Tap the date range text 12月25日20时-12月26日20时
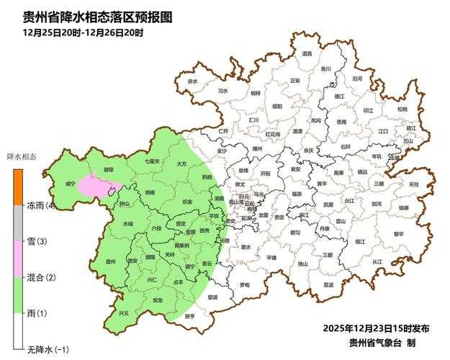83,32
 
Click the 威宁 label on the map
70,184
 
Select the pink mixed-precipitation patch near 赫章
94,185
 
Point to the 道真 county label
307,53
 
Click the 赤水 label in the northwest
192,82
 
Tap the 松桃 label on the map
402,109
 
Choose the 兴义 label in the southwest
123,313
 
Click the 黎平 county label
398,233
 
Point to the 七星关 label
152,161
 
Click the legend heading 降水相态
22,156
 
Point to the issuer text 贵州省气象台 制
382,343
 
